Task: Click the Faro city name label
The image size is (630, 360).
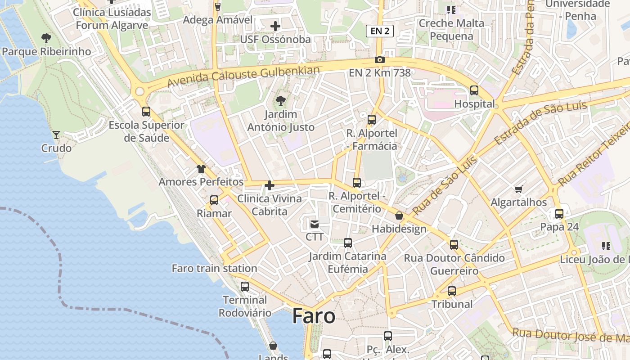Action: tap(314, 316)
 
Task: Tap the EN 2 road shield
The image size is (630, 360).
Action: tap(380, 31)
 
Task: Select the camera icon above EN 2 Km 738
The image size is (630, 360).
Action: tap(379, 60)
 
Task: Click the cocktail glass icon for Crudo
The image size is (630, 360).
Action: tap(56, 135)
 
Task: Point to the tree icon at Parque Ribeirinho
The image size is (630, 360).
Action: tap(46, 38)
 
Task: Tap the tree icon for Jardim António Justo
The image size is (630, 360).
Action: tap(281, 100)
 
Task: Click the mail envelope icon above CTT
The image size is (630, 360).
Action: tap(314, 223)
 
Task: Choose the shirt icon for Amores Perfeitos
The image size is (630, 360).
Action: tap(201, 169)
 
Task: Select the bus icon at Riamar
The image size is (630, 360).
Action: tap(214, 200)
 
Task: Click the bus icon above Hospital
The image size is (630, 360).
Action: tap(474, 90)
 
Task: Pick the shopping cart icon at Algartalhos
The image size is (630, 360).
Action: tap(518, 189)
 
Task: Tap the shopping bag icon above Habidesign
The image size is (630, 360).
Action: tap(399, 216)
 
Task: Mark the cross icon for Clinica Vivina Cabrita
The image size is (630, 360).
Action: tap(269, 185)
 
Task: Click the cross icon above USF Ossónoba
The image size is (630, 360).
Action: tap(275, 26)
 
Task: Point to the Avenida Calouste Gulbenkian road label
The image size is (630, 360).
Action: tap(243, 76)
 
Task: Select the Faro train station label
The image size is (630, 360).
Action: tap(214, 268)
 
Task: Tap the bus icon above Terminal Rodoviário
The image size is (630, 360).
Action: tap(245, 286)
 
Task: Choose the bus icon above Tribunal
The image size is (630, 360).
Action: tap(452, 291)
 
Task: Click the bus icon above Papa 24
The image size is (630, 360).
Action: tap(559, 214)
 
